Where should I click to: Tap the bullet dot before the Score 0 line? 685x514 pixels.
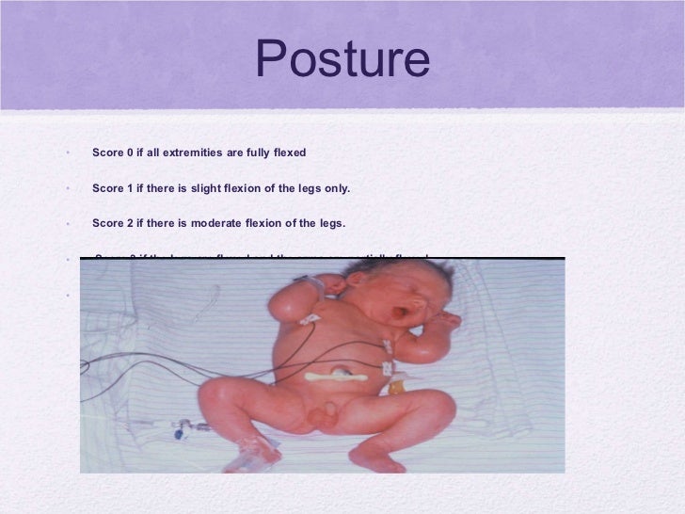point(69,153)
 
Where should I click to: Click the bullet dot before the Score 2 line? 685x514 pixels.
point(69,224)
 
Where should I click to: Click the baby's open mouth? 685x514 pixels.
point(387,306)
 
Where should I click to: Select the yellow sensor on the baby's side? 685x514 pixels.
point(397,385)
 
